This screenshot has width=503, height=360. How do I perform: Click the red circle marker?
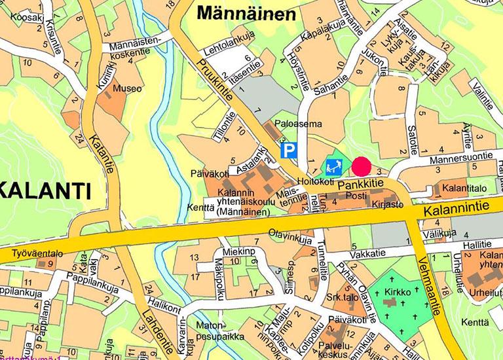(362, 167)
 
